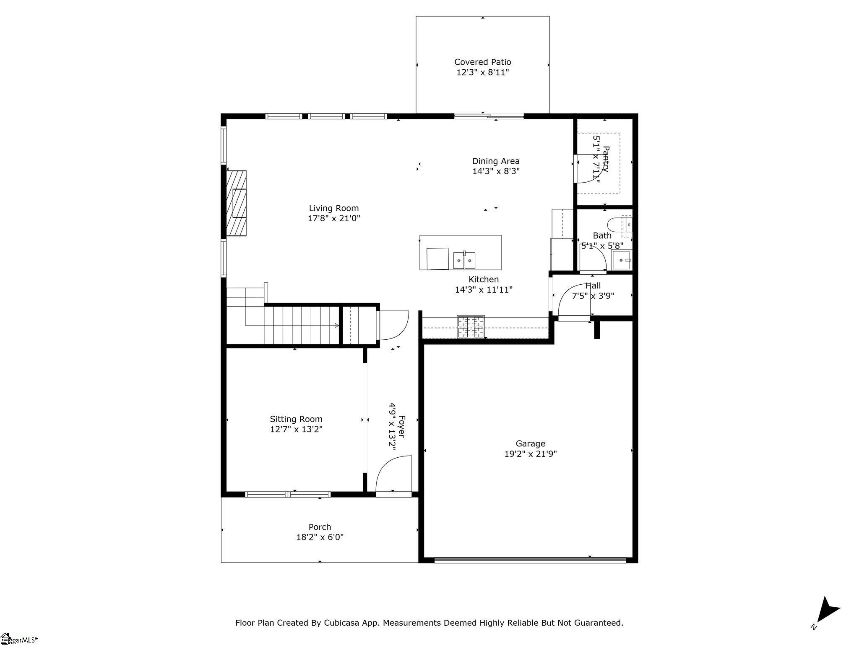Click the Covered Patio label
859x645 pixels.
(x=482, y=62)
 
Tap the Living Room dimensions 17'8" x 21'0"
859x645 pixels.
(x=334, y=218)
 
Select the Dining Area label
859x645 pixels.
(x=496, y=161)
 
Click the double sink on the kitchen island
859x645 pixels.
(x=464, y=260)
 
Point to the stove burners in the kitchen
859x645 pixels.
(x=471, y=327)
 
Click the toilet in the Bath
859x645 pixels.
(x=620, y=225)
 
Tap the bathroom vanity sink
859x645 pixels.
(x=621, y=260)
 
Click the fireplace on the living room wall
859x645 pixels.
(x=236, y=203)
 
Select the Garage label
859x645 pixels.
(x=530, y=443)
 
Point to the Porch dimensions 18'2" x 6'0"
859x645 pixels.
(x=320, y=537)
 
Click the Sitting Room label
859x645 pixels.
(x=296, y=419)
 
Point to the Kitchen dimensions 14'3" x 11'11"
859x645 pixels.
(x=484, y=290)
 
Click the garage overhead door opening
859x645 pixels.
(x=530, y=559)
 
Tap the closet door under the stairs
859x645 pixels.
(x=393, y=325)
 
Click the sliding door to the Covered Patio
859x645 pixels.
(x=489, y=116)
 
